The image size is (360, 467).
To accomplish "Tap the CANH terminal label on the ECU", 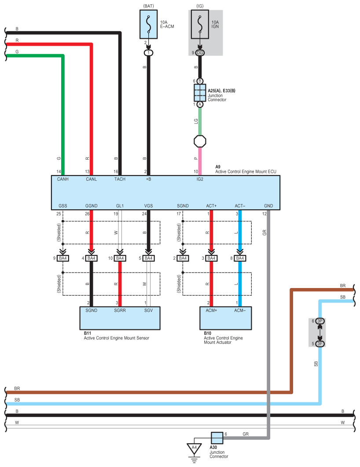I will tap(62, 179).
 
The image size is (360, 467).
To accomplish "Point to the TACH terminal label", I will tap(120, 179).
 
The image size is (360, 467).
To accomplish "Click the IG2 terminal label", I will tap(200, 179).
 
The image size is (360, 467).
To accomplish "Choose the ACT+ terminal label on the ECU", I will tap(211, 206).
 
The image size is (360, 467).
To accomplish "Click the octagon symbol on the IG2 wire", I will tap(200, 142).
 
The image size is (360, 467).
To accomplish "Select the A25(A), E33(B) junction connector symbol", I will tap(200, 93).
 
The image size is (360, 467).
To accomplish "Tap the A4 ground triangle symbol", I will tap(194, 448).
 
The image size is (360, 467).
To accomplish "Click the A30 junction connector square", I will tap(217, 438).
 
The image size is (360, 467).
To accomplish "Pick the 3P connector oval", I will tap(320, 321).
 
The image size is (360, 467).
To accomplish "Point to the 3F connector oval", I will tap(320, 343).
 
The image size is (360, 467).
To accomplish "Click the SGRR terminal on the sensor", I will tap(120, 310).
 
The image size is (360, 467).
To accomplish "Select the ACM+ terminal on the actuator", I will tap(211, 310).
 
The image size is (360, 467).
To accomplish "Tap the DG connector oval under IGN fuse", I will tap(200, 53).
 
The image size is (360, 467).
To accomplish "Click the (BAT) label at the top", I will tap(149, 7).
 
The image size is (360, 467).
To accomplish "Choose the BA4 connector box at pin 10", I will tap(120, 258).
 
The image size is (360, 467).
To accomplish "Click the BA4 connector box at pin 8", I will tap(240, 258).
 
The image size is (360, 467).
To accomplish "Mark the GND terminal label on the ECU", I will tap(268, 206).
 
